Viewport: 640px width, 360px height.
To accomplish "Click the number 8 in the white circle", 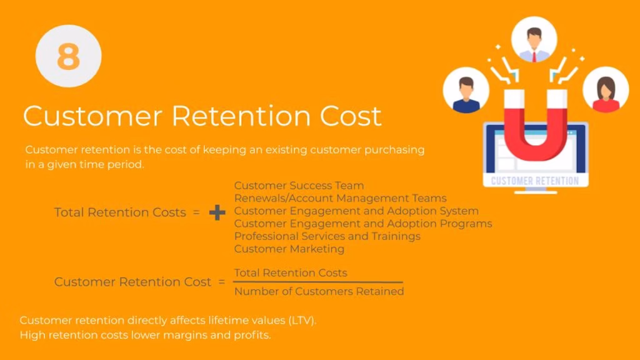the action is (x=68, y=56).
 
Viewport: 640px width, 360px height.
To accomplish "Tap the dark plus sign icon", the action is (x=217, y=212).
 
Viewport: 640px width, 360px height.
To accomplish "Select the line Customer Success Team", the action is (x=299, y=186).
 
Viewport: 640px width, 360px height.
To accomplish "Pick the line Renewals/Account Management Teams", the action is (x=341, y=198).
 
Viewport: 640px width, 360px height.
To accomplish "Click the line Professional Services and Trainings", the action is (x=327, y=236).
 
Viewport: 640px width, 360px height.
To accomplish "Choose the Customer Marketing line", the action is (x=289, y=249).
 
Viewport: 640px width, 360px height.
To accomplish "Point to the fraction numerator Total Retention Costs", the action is (x=291, y=272).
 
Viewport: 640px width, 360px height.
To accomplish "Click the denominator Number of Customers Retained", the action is (x=319, y=291).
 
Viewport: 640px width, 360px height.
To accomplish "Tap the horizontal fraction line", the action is (x=318, y=282).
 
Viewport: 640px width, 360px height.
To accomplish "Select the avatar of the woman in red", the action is (x=606, y=89).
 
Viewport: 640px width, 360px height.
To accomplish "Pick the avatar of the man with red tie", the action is (x=534, y=39).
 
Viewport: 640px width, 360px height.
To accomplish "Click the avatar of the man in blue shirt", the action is (x=466, y=90).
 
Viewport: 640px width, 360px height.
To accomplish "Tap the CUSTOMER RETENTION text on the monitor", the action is (x=535, y=181).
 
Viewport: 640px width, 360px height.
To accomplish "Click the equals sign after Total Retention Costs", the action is (x=196, y=212).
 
